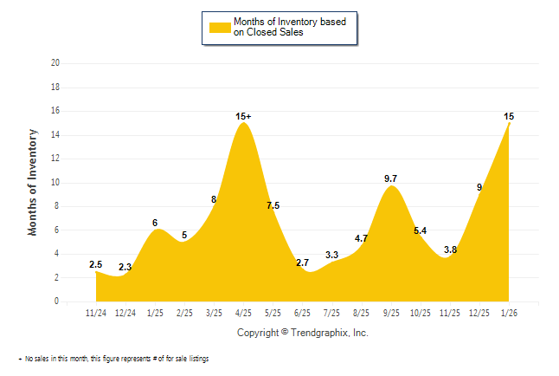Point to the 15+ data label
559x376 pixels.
click(244, 116)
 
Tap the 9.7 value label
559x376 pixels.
click(391, 178)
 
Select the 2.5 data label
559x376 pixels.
click(96, 264)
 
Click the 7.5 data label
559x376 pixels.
click(273, 205)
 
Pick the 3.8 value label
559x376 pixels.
click(451, 250)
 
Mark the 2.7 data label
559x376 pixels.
click(303, 263)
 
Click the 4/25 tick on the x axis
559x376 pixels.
click(244, 312)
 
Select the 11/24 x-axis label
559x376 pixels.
click(96, 312)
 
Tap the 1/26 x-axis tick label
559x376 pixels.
click(510, 312)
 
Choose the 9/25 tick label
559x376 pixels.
click(391, 312)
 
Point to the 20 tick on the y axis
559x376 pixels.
click(55, 63)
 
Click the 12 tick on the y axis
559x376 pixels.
click(55, 159)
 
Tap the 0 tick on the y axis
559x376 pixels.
click(57, 301)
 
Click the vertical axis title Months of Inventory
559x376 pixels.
click(33, 182)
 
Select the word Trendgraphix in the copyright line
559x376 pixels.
click(320, 333)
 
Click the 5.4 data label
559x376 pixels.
click(421, 230)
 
